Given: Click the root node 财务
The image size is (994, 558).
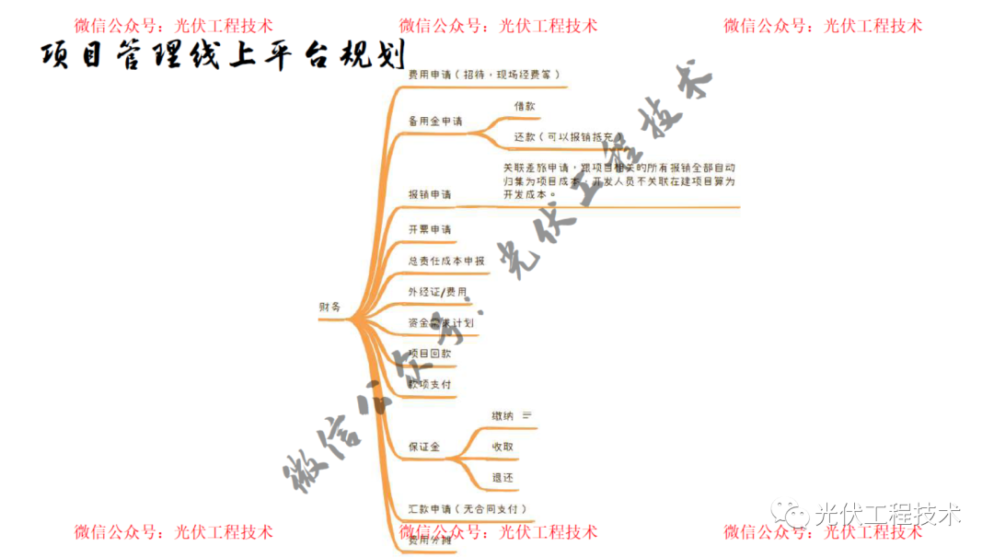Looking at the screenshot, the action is (x=329, y=307).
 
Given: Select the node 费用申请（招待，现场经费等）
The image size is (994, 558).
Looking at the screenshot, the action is (x=483, y=74).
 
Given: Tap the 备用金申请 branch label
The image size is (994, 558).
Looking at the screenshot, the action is (x=435, y=122).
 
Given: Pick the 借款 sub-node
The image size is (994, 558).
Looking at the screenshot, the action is (x=525, y=106).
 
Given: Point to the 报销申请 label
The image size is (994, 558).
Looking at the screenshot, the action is (x=430, y=194).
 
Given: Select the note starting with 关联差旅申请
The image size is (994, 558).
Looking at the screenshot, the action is (x=618, y=181).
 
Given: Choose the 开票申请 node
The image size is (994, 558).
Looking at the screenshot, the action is (x=430, y=228).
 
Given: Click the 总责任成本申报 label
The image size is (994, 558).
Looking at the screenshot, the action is (x=446, y=261).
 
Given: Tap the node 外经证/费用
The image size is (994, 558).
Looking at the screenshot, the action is (x=437, y=292).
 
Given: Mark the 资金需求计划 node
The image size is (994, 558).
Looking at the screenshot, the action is (x=441, y=322).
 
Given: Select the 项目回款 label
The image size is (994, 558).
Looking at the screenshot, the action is (x=430, y=353).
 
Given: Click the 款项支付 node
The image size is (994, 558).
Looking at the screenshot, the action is (x=430, y=384).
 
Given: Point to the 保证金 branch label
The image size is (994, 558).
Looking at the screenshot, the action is (x=424, y=447).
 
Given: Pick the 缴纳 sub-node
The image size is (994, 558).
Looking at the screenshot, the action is (x=503, y=416).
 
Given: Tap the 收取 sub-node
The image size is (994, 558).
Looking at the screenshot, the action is (x=503, y=447).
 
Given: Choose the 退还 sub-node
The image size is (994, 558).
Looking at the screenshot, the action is (x=503, y=478).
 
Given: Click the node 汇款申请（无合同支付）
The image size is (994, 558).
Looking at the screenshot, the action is (x=468, y=508).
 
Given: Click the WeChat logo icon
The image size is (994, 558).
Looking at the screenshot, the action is (x=792, y=514).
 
